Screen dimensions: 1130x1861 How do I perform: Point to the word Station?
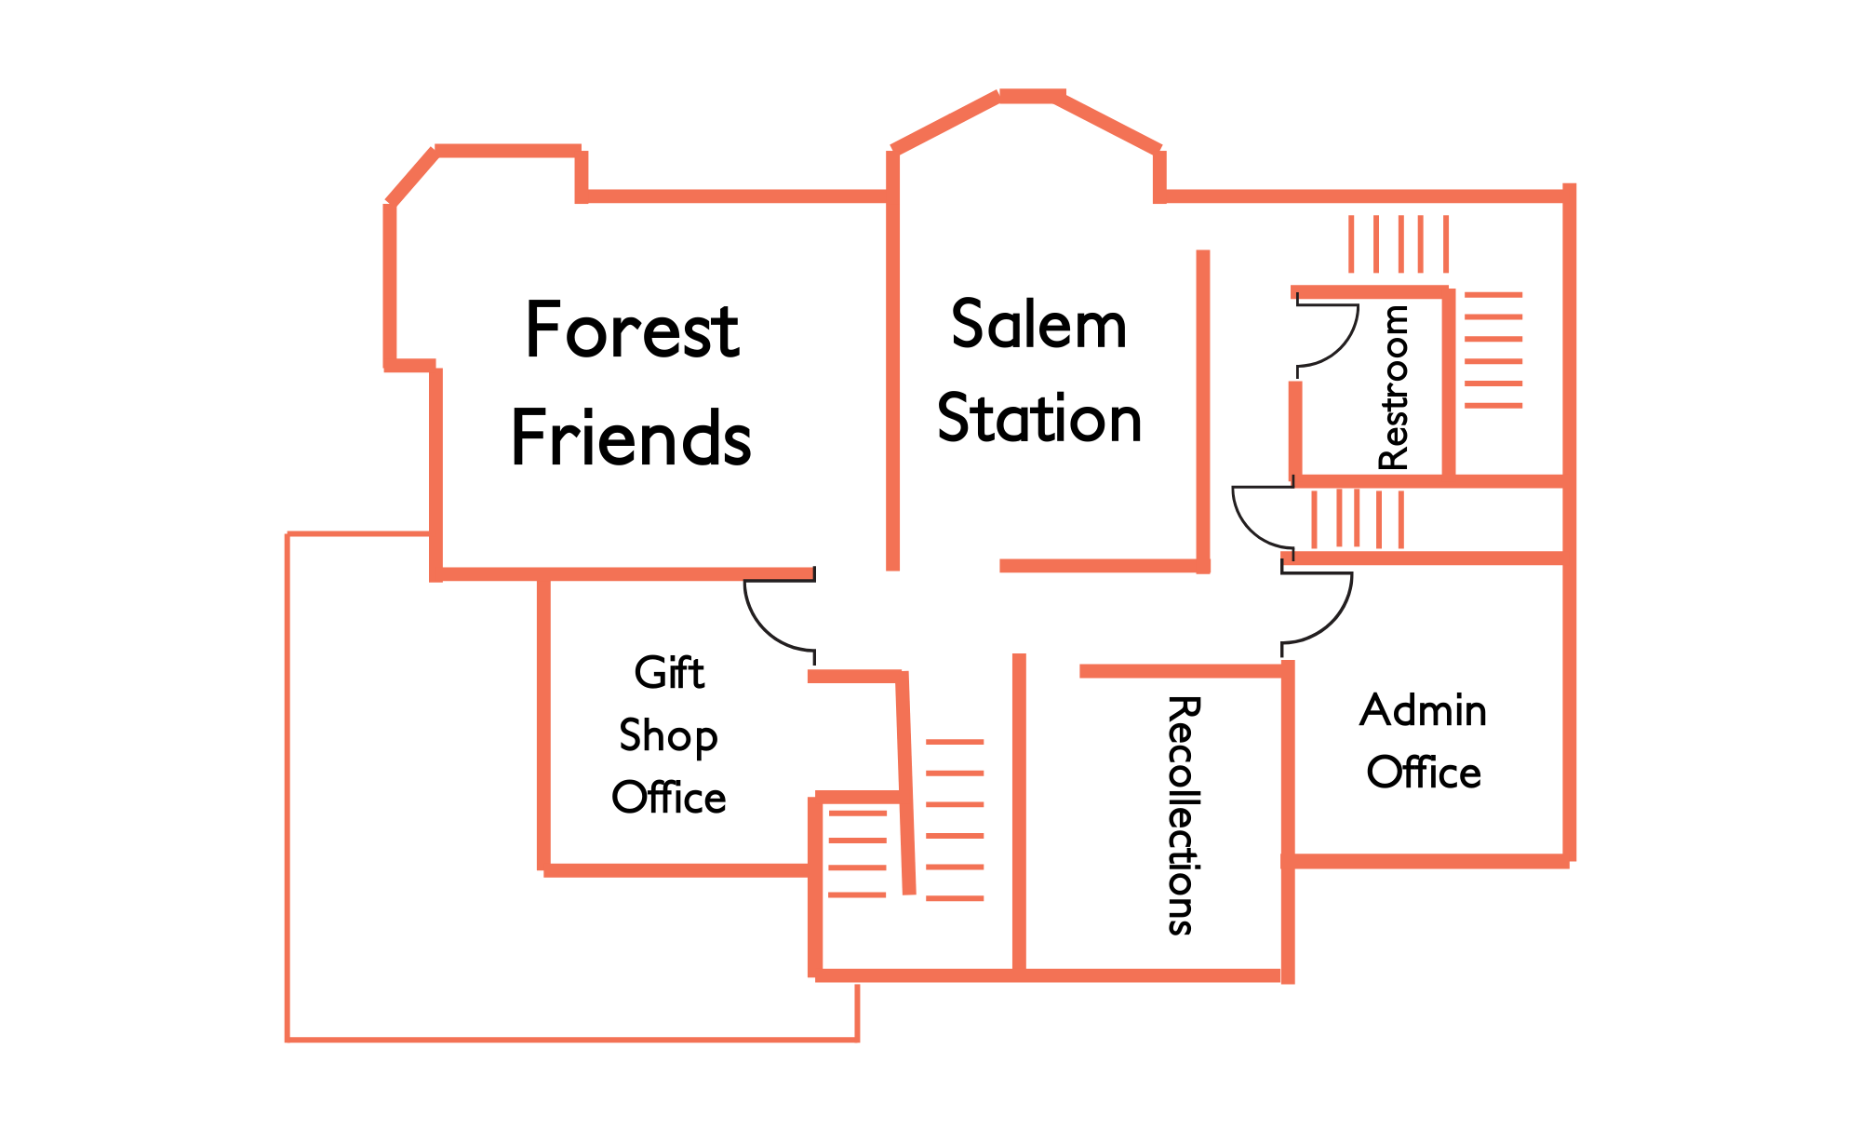(x=1038, y=418)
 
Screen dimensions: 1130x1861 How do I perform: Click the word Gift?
(x=669, y=672)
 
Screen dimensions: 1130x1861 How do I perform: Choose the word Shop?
(x=668, y=735)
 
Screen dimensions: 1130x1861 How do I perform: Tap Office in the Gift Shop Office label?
(x=668, y=798)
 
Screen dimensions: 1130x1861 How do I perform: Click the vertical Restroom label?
(x=1393, y=387)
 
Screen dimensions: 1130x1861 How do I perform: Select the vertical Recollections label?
(x=1183, y=814)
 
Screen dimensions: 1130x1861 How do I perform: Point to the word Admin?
(x=1423, y=710)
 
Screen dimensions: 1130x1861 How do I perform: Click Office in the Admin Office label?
(x=1423, y=773)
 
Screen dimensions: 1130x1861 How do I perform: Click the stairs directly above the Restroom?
(x=1399, y=244)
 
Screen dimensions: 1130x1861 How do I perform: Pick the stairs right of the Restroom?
(x=1493, y=350)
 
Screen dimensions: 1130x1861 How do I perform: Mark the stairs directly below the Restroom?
(x=1357, y=518)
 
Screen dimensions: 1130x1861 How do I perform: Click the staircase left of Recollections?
(x=955, y=820)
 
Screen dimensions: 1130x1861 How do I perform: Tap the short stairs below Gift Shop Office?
(x=857, y=854)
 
